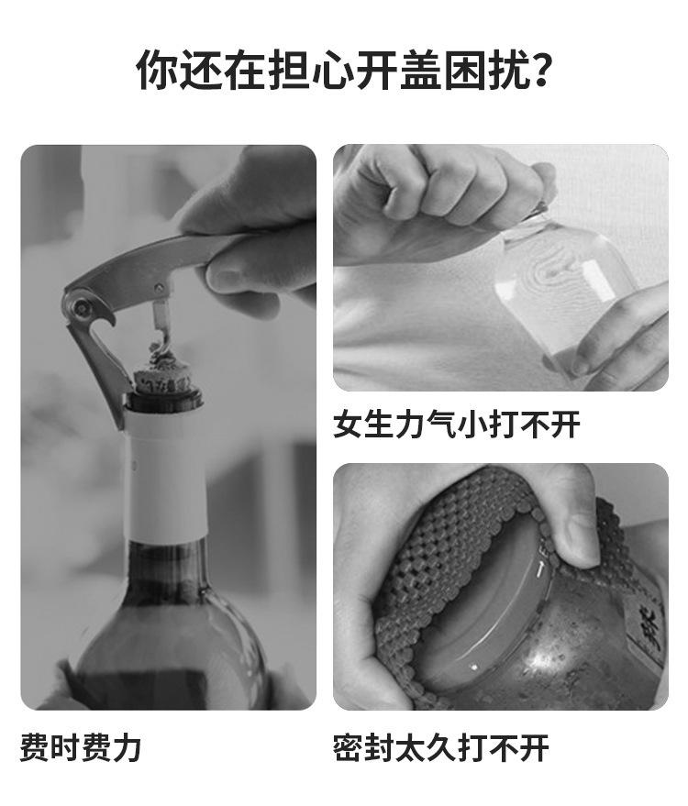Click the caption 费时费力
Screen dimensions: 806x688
point(81,747)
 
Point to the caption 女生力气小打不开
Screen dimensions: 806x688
point(456,425)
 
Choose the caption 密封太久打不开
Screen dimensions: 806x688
point(440,747)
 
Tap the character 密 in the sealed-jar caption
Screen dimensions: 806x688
point(349,747)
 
